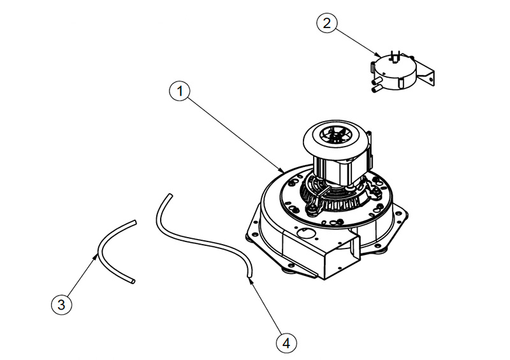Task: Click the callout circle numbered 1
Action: tap(180, 91)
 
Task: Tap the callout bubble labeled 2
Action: tap(327, 24)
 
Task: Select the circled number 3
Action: tap(61, 305)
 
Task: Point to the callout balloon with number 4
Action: tap(286, 343)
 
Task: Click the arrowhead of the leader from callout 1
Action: tap(282, 169)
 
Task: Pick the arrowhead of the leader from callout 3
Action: tap(96, 257)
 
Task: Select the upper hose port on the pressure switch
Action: tap(377, 80)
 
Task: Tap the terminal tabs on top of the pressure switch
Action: tap(395, 56)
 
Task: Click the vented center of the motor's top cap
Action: tap(336, 136)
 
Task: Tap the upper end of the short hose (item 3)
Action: tap(135, 222)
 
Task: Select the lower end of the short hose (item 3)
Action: tap(133, 281)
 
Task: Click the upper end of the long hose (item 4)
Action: tap(170, 196)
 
